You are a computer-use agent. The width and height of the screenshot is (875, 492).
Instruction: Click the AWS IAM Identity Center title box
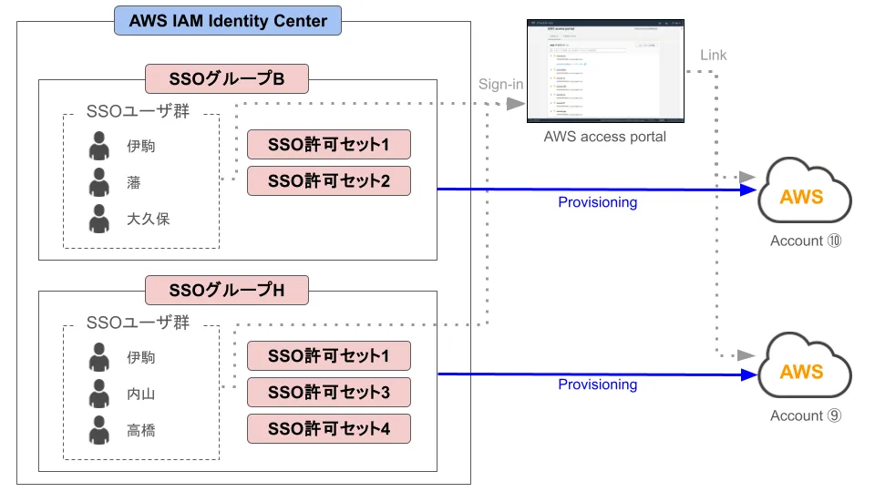tap(228, 21)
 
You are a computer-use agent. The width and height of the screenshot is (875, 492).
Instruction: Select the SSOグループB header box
tap(227, 79)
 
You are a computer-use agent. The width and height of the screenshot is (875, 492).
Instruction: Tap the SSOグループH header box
tap(227, 291)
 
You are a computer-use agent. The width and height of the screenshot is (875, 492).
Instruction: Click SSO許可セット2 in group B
tap(329, 181)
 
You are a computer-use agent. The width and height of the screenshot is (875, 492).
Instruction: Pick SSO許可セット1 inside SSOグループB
tap(329, 145)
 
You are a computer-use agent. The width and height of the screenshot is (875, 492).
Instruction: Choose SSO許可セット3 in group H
tap(329, 393)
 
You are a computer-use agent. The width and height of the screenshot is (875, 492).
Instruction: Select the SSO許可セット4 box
tap(329, 428)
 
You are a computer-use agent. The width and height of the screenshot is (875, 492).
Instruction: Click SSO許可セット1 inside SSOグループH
tap(329, 356)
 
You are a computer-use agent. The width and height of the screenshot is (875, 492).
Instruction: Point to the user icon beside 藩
tap(99, 182)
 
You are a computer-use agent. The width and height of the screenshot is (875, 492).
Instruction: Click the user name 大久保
tap(148, 219)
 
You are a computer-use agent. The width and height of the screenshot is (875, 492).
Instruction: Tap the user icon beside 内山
tap(99, 394)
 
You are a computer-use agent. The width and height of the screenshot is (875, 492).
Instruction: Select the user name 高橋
tap(141, 430)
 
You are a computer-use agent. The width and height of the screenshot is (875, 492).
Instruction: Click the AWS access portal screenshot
tap(605, 70)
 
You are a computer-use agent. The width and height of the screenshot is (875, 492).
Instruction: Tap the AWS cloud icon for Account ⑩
tap(802, 194)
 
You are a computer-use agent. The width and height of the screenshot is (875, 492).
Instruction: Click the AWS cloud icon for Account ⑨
tap(802, 369)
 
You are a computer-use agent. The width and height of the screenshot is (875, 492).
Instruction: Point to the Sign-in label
tap(500, 85)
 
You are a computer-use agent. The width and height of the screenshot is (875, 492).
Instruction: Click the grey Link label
tap(713, 56)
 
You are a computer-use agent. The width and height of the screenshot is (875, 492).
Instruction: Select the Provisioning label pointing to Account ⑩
tap(597, 202)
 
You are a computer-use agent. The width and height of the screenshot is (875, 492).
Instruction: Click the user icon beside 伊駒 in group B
tap(99, 146)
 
